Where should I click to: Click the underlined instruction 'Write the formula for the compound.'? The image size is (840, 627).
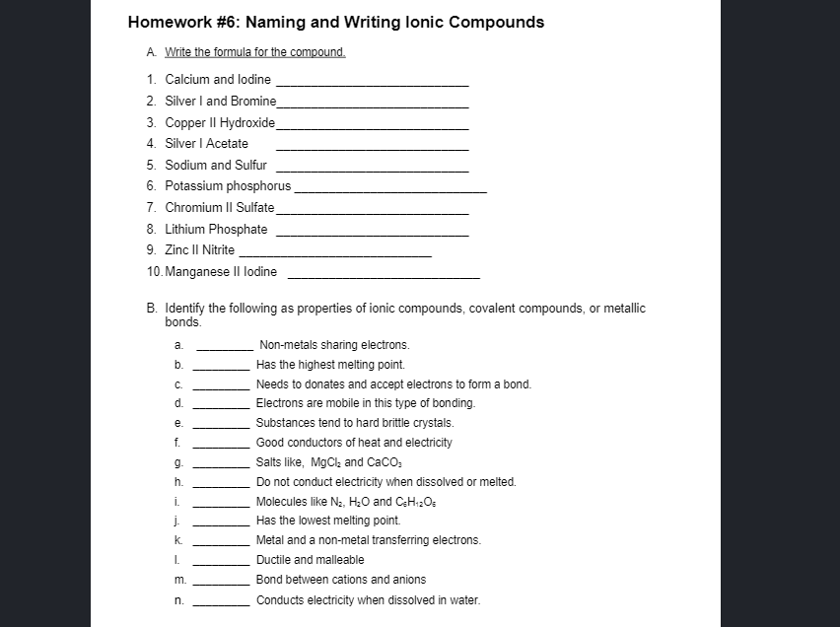(x=254, y=52)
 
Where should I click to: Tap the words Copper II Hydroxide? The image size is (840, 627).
(x=220, y=122)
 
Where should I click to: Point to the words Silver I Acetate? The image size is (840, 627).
(x=206, y=144)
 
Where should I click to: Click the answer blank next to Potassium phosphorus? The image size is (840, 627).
(x=390, y=190)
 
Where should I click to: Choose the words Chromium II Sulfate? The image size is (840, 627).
(x=219, y=208)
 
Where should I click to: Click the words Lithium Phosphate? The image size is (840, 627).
(x=216, y=230)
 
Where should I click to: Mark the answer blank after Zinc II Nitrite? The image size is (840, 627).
(x=335, y=255)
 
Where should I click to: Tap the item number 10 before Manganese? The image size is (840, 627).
(x=154, y=272)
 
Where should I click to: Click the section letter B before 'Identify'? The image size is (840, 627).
(x=151, y=309)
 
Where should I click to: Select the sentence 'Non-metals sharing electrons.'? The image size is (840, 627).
(x=333, y=345)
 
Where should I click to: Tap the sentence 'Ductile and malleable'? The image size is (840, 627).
(x=310, y=560)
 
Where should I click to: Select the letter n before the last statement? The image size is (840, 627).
(x=177, y=599)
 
